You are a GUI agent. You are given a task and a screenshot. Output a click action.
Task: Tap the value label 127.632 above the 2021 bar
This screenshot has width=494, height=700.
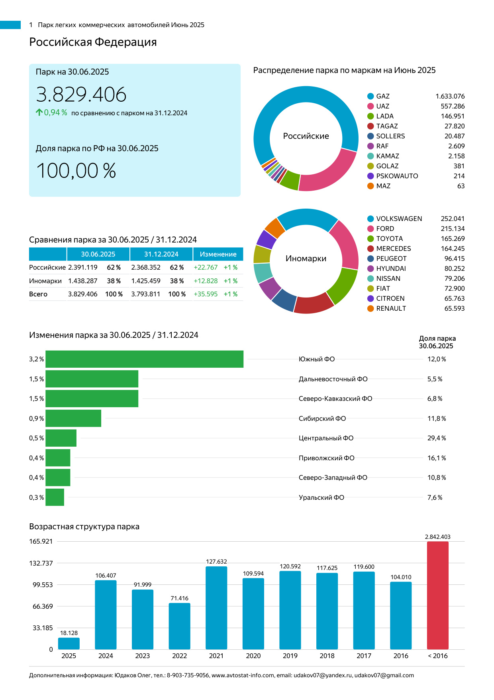[216, 562]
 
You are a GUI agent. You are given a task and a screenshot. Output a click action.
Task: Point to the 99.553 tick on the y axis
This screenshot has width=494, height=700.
[43, 585]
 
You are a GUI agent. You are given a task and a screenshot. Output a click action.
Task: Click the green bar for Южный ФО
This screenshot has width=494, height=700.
[144, 359]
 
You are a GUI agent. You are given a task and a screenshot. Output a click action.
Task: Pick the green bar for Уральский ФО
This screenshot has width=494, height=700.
[55, 497]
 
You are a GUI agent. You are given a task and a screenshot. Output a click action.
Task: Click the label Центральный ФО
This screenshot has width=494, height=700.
[326, 438]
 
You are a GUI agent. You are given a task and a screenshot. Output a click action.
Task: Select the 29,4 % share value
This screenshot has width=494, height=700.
[436, 438]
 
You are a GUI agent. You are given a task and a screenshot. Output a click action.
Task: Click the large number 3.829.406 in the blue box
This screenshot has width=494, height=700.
[81, 95]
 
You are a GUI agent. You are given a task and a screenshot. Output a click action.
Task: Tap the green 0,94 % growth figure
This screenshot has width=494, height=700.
[55, 112]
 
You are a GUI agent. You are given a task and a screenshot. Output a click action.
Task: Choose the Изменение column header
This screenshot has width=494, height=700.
[218, 254]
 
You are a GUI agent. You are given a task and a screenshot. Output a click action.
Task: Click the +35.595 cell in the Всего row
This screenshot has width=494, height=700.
[206, 294]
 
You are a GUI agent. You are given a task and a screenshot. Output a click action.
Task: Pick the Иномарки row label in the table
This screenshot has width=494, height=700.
[45, 281]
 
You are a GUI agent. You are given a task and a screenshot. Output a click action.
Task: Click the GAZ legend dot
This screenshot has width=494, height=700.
[370, 96]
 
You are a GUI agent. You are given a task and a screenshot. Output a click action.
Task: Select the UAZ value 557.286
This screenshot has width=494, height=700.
[453, 106]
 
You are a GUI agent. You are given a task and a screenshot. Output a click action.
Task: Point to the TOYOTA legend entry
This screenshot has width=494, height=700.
[389, 239]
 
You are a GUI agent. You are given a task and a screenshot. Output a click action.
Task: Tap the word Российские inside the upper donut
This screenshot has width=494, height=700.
[306, 136]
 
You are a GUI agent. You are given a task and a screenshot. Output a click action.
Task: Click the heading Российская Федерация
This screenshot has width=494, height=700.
[93, 42]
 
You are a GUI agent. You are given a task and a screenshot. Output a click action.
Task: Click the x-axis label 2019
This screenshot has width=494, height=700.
[290, 656]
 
